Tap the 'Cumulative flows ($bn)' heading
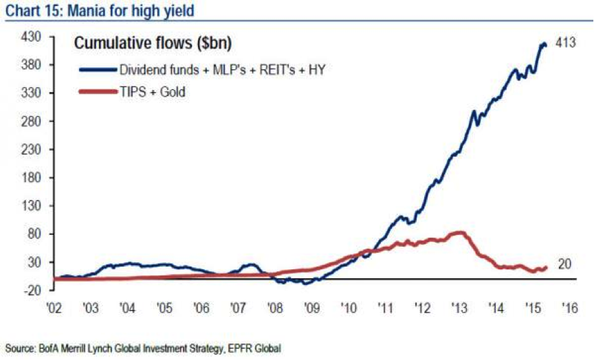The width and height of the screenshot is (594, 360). click(153, 43)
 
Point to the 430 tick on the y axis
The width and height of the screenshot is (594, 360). click(34, 36)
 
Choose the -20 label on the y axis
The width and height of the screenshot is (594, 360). click(34, 291)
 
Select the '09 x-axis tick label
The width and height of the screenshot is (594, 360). click(311, 307)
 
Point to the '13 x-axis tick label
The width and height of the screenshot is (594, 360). click(460, 307)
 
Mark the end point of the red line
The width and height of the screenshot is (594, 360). click(546, 268)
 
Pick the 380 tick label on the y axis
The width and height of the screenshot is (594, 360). click(34, 65)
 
